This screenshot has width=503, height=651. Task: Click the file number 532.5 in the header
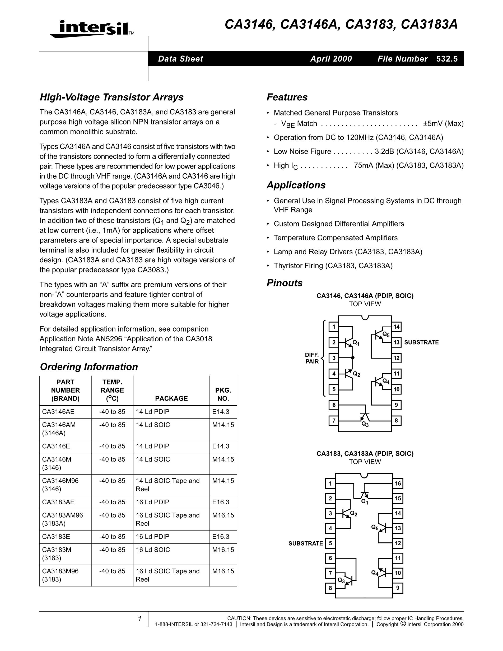click(x=447, y=59)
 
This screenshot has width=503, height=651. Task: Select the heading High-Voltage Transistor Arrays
click(x=112, y=97)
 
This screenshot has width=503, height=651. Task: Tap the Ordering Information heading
click(x=89, y=367)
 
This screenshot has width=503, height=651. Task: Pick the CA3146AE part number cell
click(x=58, y=412)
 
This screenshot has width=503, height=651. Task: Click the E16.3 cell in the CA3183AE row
click(x=221, y=502)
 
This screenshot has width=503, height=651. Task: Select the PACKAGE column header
click(x=171, y=398)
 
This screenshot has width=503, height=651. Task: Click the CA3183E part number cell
click(x=56, y=537)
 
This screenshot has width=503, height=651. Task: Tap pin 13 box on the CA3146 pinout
click(x=396, y=342)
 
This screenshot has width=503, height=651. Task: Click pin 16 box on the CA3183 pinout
click(x=398, y=483)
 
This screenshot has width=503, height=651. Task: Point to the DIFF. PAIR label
click(x=312, y=358)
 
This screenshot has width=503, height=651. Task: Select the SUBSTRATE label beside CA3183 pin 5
click(x=305, y=543)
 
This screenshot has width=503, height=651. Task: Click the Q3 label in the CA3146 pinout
click(x=365, y=425)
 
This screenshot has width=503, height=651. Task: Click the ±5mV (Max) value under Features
click(x=443, y=123)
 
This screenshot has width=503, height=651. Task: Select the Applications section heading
click(x=296, y=185)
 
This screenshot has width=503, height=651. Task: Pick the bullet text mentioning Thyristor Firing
click(x=333, y=266)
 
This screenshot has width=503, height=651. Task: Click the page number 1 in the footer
click(x=139, y=619)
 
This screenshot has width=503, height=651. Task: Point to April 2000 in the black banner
click(x=331, y=59)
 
